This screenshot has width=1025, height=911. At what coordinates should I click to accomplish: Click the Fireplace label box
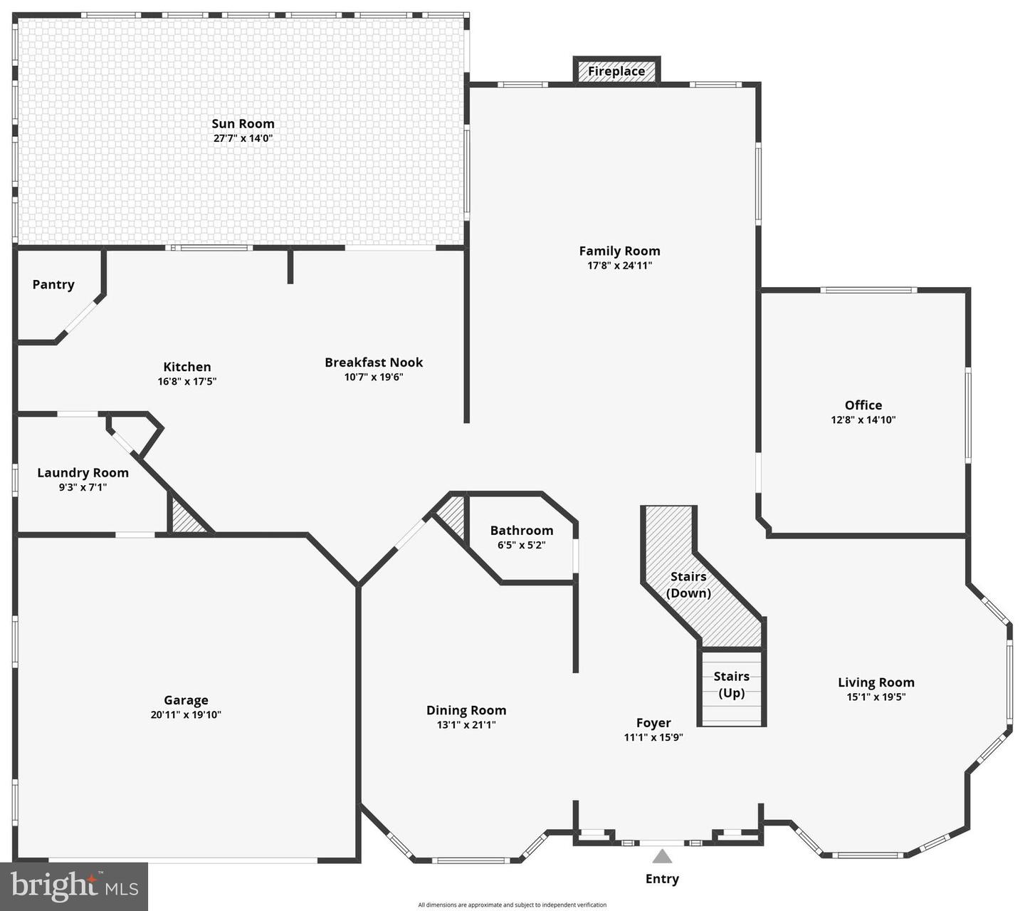click(616, 71)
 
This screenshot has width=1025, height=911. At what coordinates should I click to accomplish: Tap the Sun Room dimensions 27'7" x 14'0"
click(243, 138)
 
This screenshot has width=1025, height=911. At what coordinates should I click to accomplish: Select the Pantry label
click(53, 285)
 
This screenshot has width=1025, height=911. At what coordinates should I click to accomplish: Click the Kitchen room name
click(187, 367)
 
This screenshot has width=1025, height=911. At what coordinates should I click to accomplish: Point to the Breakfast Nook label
click(374, 363)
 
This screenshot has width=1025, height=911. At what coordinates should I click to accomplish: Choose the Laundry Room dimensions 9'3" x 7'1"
click(83, 487)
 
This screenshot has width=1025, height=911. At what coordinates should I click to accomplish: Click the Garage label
click(186, 700)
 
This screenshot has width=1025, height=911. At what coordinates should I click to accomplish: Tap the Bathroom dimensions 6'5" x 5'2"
click(522, 545)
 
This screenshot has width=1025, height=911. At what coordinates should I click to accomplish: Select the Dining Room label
click(466, 710)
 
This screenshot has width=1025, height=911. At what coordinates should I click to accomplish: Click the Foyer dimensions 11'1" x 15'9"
click(653, 737)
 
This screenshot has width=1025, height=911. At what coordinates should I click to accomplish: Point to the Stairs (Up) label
click(732, 684)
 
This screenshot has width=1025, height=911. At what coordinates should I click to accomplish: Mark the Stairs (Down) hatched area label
click(688, 585)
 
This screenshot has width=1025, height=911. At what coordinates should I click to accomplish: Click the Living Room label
click(876, 682)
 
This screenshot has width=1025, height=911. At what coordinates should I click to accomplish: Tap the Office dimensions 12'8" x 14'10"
click(863, 420)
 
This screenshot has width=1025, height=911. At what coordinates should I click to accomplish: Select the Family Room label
click(619, 251)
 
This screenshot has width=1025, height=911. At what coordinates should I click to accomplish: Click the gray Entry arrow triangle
click(663, 857)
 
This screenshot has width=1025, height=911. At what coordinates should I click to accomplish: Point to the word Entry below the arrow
click(662, 879)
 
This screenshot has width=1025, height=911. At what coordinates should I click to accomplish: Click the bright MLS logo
click(74, 886)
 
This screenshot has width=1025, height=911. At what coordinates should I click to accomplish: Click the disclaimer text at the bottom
click(512, 905)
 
